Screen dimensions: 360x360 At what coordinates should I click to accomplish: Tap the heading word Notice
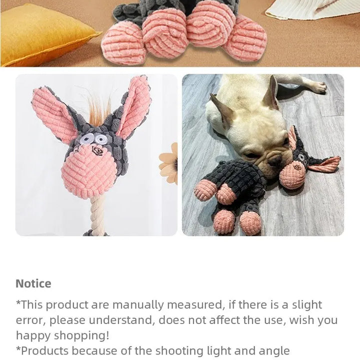click(33, 283)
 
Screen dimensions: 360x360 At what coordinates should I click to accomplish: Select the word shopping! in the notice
click(81, 336)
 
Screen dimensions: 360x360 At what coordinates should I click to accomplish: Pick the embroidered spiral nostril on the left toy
click(96, 151)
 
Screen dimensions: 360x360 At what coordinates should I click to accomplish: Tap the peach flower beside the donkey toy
click(169, 163)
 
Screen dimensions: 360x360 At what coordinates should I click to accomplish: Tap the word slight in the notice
click(307, 305)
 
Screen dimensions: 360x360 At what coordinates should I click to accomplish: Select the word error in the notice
click(31, 320)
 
